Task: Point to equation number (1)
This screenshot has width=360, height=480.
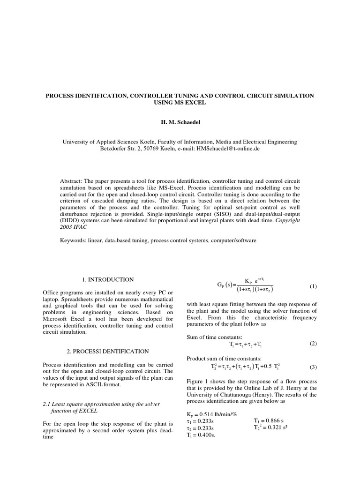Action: (x=314, y=286)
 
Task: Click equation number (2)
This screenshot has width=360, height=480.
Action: (x=314, y=344)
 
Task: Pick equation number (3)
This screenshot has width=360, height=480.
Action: (x=314, y=367)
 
